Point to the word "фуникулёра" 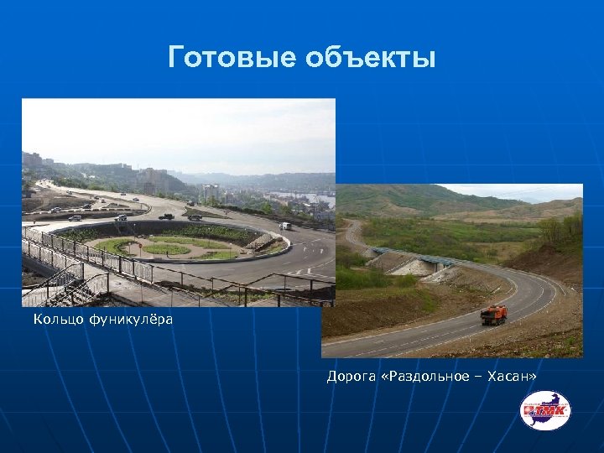(x=130, y=319)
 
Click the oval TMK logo (x=544, y=410)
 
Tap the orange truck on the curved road (x=493, y=315)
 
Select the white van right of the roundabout (x=286, y=226)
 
